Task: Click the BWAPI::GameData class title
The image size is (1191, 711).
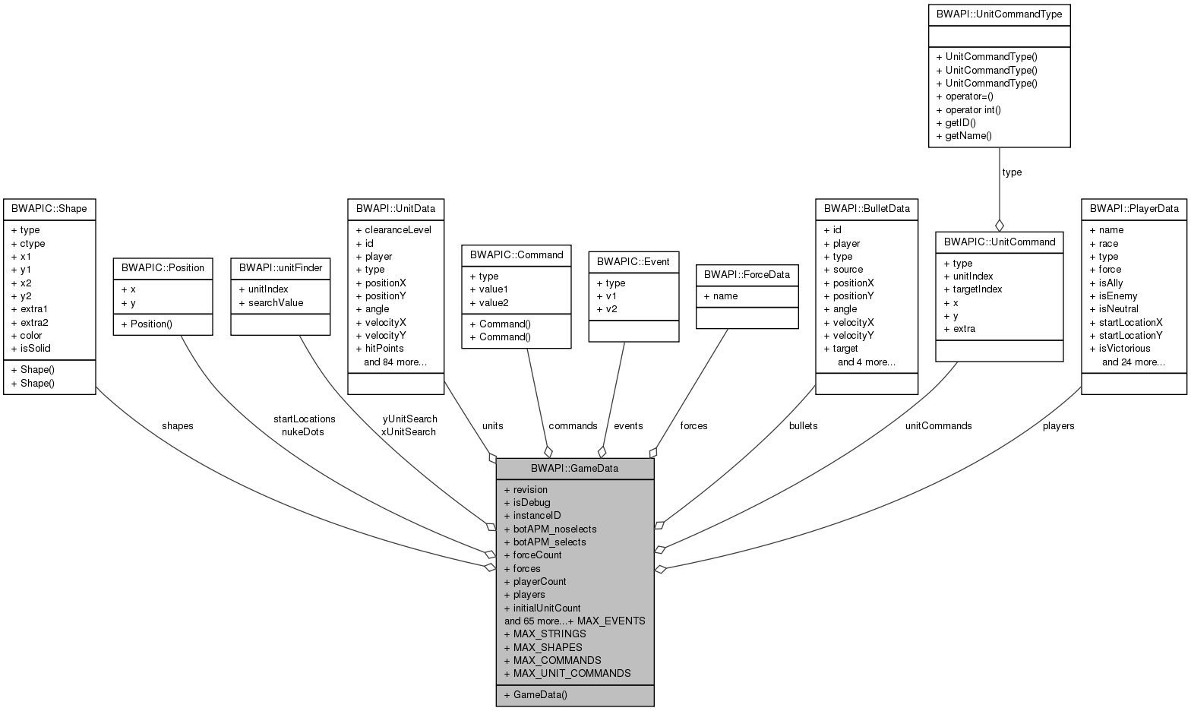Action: point(574,468)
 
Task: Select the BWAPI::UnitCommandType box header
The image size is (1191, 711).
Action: point(999,14)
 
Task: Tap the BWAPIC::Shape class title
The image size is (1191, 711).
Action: point(49,208)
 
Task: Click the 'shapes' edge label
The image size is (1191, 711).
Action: point(177,425)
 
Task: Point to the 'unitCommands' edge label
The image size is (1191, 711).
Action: point(938,425)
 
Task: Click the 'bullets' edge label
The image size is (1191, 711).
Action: point(803,425)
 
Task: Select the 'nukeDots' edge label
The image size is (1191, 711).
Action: point(302,431)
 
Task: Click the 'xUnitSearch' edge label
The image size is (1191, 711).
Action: point(409,431)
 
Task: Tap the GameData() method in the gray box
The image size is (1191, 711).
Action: point(539,694)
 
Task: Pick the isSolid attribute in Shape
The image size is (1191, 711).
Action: point(35,348)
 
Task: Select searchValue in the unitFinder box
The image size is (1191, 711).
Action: point(275,302)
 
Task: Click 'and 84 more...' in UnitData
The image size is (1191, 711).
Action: point(395,362)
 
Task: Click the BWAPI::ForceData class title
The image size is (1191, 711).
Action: point(747,274)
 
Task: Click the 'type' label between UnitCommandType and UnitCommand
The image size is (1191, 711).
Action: point(1012,172)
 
